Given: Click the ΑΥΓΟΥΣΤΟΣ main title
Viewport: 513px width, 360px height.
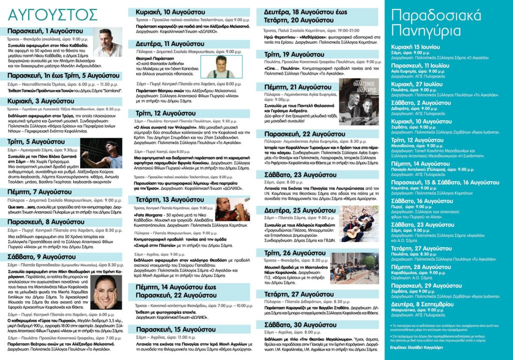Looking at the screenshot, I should point(36,13).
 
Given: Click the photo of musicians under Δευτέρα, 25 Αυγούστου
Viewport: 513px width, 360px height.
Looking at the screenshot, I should point(361,224).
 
